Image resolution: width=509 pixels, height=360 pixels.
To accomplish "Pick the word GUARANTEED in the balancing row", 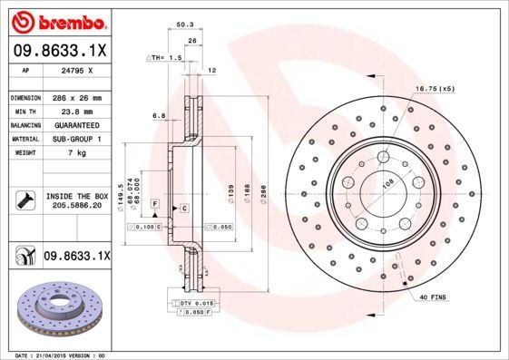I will (73, 124).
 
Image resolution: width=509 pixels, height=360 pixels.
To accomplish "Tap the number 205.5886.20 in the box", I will (75, 206).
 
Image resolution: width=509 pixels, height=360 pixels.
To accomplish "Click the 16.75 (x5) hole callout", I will (435, 88).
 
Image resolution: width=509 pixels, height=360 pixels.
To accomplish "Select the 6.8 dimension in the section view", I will (159, 116).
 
